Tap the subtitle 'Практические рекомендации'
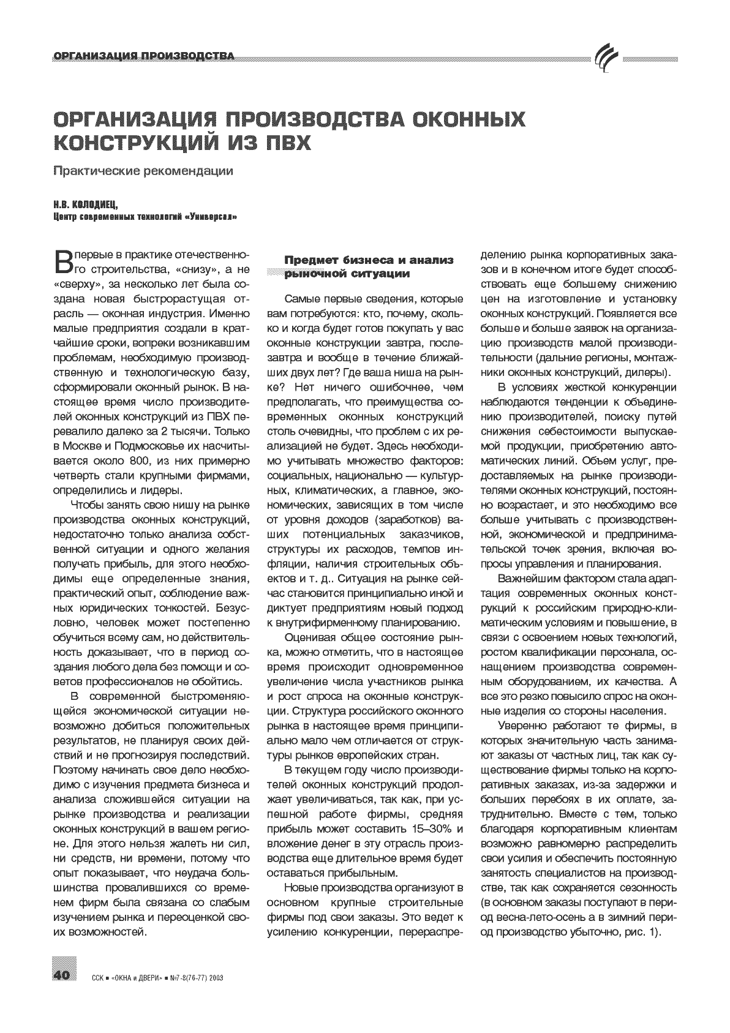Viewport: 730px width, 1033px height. click(x=143, y=171)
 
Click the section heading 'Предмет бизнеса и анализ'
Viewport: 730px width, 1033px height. click(x=369, y=260)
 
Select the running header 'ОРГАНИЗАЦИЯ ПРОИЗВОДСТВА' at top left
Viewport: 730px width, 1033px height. click(x=145, y=57)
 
